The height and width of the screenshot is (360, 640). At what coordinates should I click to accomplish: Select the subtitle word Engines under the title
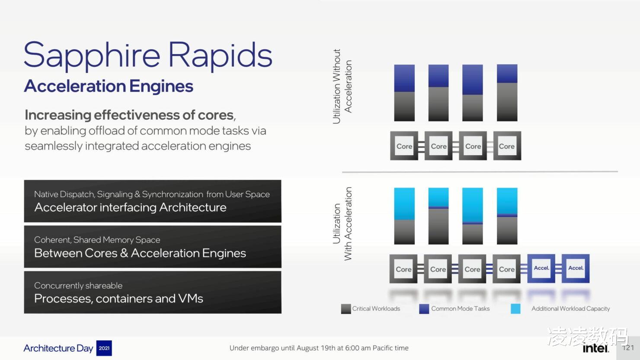coord(161,86)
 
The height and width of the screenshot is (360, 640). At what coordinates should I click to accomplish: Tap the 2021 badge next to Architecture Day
coord(104,348)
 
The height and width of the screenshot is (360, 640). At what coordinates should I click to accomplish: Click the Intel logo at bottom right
coord(596,348)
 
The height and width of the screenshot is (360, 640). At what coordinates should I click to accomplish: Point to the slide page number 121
coord(628,348)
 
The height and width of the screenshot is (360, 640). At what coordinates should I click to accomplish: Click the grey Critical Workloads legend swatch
coord(346,309)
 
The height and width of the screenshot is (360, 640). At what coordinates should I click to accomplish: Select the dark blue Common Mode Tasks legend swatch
coord(424,309)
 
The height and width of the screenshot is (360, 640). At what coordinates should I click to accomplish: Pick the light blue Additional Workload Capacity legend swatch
coord(515,309)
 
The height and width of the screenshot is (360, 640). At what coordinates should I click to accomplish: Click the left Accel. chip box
coord(541,268)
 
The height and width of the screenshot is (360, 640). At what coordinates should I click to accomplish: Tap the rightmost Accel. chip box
coord(576,268)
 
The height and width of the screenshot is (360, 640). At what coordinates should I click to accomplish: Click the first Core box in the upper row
coord(404,146)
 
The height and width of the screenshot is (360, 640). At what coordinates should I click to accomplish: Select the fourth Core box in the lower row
coord(506,269)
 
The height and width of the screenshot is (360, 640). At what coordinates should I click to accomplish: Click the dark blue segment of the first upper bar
coord(404,78)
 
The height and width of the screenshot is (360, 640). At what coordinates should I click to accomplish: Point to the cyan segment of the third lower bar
coord(473,205)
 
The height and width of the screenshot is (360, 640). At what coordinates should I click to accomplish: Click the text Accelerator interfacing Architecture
coord(130,207)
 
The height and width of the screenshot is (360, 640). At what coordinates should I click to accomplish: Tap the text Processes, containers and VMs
coord(118,299)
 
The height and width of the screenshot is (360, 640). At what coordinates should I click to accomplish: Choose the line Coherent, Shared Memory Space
coord(97,240)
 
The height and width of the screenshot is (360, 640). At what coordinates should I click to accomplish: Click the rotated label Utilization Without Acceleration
coord(342,86)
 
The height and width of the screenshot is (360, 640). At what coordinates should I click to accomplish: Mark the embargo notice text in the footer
coord(319,348)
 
